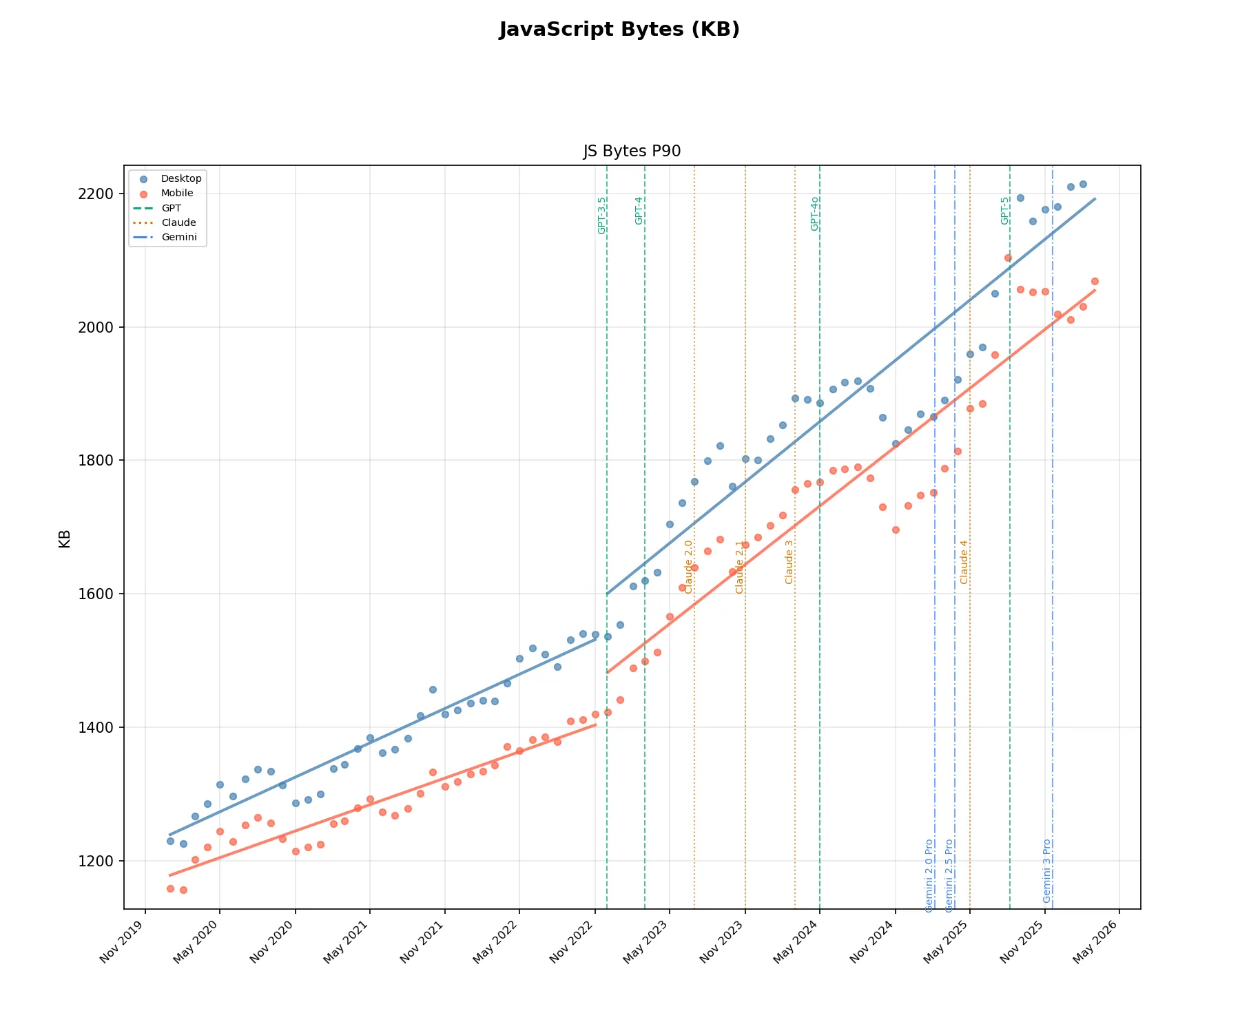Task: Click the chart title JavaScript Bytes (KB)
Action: click(619, 30)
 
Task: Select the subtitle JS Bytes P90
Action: click(632, 152)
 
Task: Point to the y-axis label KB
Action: click(65, 539)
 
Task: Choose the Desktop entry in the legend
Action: click(181, 178)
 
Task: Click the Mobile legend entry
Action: click(177, 193)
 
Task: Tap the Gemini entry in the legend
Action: click(179, 237)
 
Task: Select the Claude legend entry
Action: click(178, 222)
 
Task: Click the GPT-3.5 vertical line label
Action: click(602, 216)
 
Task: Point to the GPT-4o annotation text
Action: click(815, 213)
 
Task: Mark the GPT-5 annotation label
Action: click(1005, 211)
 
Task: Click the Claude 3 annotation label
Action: click(789, 562)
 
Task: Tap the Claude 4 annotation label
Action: click(964, 562)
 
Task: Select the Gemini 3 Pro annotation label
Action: click(1047, 870)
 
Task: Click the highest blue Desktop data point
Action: click(1083, 184)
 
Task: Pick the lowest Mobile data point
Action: click(183, 890)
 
